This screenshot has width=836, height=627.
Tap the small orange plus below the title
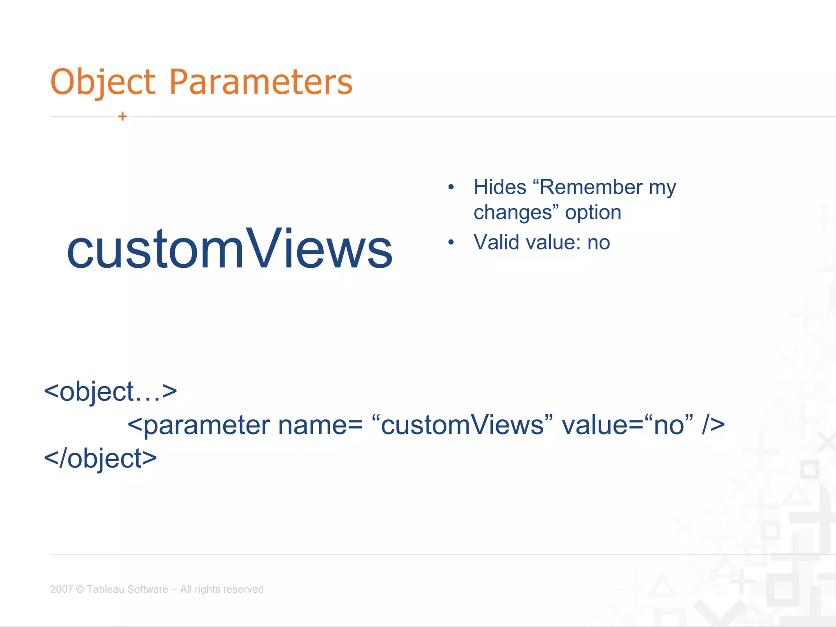122,117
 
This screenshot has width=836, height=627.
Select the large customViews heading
229,249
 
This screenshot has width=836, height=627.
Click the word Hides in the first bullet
500,187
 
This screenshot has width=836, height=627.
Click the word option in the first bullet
593,213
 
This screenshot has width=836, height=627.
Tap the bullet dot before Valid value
451,242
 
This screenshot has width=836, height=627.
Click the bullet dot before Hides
451,187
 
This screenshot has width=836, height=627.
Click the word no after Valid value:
598,242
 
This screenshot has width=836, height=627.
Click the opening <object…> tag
110,392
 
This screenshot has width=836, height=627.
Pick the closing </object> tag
100,459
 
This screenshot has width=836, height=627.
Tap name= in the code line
320,425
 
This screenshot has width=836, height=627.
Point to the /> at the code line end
713,425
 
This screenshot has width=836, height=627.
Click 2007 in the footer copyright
61,589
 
